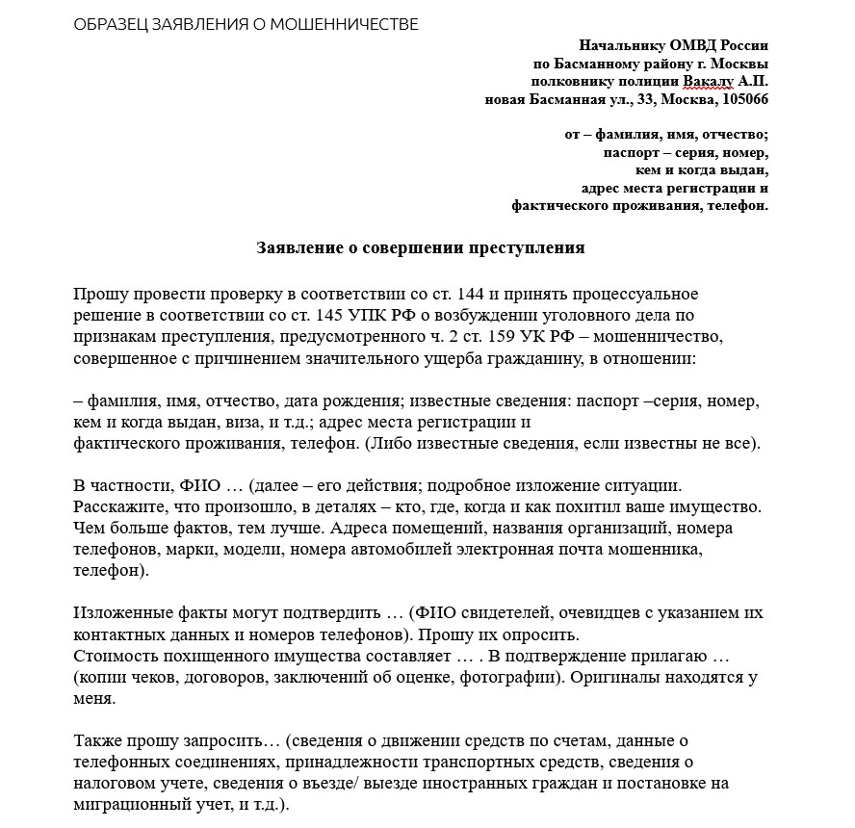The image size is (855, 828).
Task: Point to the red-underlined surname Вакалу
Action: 708,82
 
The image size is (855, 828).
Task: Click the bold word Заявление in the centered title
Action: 300,247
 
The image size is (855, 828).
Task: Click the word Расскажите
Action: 117,505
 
